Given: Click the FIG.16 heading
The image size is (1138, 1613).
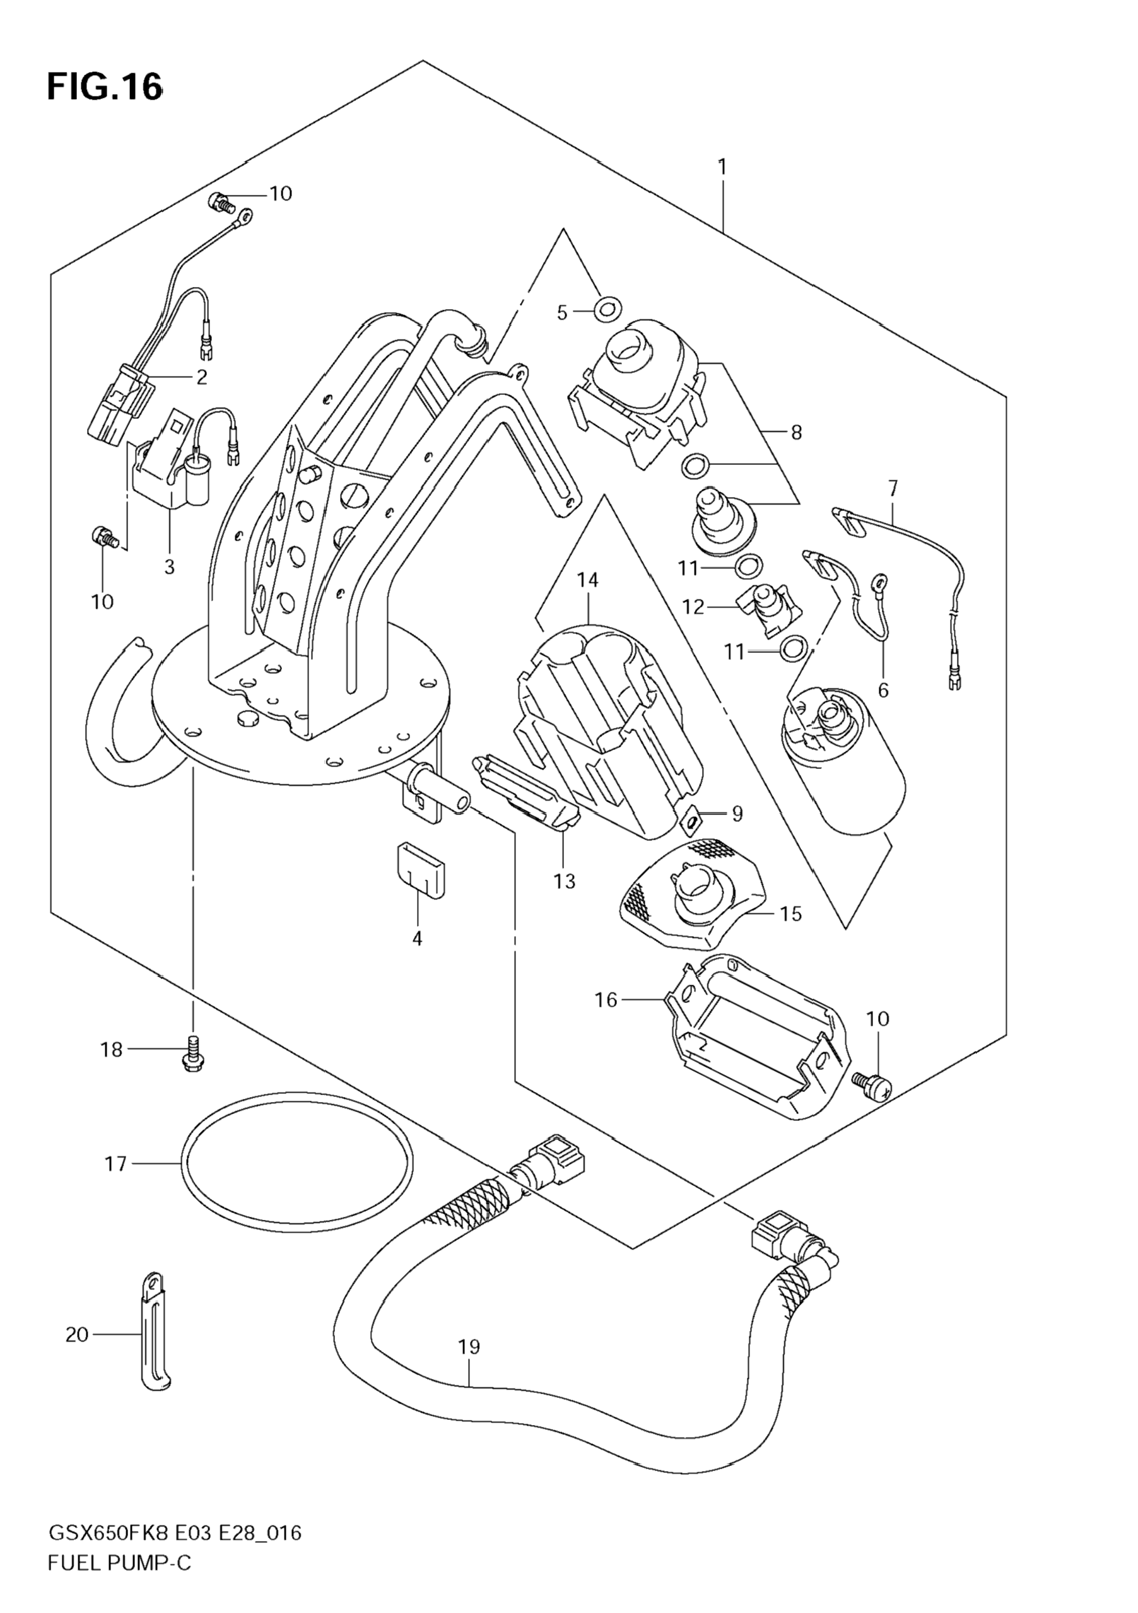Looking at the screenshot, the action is [105, 88].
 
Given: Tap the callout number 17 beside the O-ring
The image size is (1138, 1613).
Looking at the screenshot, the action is [115, 1164].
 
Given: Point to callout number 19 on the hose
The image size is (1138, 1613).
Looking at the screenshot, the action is [469, 1347].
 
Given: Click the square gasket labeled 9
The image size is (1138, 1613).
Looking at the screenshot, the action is [692, 818].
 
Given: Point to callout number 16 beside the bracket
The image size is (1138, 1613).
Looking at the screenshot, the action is [606, 1000].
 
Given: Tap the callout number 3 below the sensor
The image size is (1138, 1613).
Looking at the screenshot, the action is [169, 566].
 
